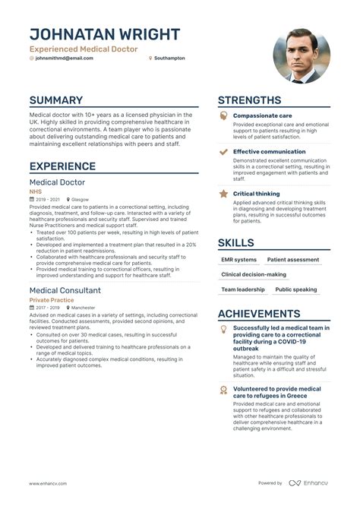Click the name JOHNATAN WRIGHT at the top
point(105,34)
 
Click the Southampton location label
point(169,58)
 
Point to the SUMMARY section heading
point(56,100)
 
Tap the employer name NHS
point(36,192)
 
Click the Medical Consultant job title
point(65,290)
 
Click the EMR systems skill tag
point(238,260)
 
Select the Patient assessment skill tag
point(293,260)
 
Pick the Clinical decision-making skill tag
point(254,274)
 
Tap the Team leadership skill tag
point(243,289)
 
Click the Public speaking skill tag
point(296,289)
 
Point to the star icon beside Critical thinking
point(223,194)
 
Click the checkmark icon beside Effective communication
point(223,152)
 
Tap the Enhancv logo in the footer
point(308,483)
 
